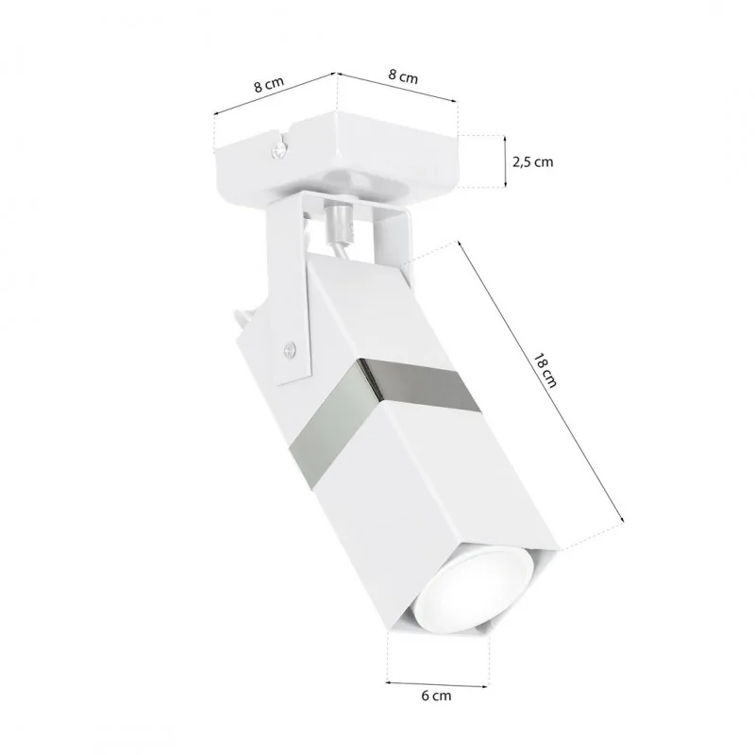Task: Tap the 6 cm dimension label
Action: tap(436, 696)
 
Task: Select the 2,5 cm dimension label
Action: tap(532, 162)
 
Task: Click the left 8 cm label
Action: tap(269, 84)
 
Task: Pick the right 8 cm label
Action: tap(403, 76)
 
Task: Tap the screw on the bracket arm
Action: tap(290, 348)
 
